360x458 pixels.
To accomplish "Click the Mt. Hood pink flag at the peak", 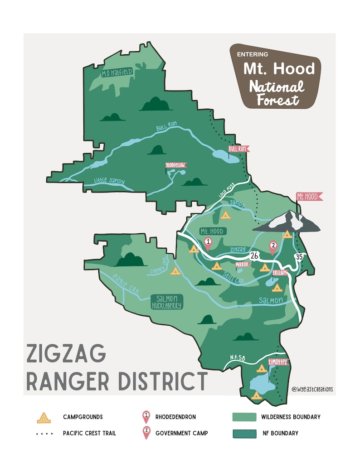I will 309,197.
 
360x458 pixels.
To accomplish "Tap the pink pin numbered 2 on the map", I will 273,247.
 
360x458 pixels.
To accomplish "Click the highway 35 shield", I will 298,257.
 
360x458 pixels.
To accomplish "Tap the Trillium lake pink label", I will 280,273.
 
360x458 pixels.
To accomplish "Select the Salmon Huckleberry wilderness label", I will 167,302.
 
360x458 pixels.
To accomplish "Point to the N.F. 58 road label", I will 238,358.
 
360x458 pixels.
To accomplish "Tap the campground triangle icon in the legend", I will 43,417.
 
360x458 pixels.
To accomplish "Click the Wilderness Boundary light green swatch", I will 243,417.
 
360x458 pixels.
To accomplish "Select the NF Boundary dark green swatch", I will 243,434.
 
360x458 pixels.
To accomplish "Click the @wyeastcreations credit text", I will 312,389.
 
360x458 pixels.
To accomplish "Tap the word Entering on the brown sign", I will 253,54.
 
